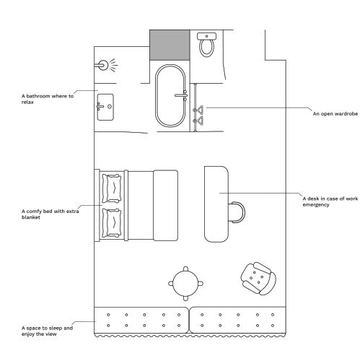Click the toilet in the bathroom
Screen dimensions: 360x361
point(206,45)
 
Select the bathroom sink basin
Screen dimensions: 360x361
point(105,107)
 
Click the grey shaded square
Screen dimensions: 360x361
point(170,45)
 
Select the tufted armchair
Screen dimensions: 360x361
point(258,279)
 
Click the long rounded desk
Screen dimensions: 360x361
point(216,204)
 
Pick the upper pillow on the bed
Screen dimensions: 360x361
point(112,188)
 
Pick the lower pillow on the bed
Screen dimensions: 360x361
point(112,223)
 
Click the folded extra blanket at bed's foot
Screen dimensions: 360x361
point(166,205)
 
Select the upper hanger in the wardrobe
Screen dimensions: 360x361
point(198,110)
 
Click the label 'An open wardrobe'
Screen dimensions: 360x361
point(335,114)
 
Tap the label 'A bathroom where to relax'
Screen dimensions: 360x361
point(48,99)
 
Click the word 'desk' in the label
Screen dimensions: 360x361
point(313,199)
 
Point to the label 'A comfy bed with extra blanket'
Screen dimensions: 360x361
point(50,214)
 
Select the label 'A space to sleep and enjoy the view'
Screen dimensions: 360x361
point(47,331)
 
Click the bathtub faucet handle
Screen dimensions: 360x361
point(182,95)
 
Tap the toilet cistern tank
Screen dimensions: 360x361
point(206,36)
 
